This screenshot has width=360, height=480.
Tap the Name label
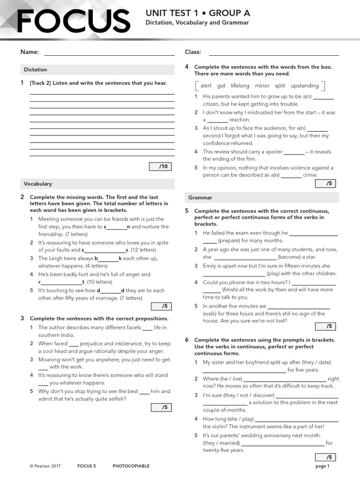30,52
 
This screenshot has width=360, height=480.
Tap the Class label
193,52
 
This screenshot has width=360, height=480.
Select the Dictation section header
36,69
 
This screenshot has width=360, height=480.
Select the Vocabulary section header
38,184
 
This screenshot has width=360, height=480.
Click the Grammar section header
200,197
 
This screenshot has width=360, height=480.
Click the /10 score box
161,166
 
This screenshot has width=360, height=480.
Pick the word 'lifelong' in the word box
240,86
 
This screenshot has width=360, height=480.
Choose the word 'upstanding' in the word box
305,86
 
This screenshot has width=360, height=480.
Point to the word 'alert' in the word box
206,86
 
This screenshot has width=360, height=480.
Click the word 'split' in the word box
280,86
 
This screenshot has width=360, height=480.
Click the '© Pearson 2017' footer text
45,466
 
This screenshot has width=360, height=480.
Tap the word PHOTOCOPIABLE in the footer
131,466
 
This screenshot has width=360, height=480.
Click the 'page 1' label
322,466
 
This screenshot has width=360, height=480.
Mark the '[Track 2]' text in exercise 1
40,83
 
